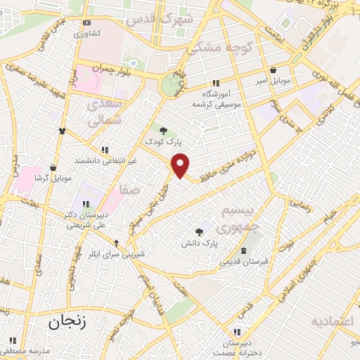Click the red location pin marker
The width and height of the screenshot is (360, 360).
[181, 165]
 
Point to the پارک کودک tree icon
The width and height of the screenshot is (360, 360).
[163, 130]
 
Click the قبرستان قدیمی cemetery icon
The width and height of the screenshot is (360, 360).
[243, 251]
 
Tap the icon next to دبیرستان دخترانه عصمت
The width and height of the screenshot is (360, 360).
[237, 331]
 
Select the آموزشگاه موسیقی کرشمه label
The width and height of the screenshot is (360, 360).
[218, 98]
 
